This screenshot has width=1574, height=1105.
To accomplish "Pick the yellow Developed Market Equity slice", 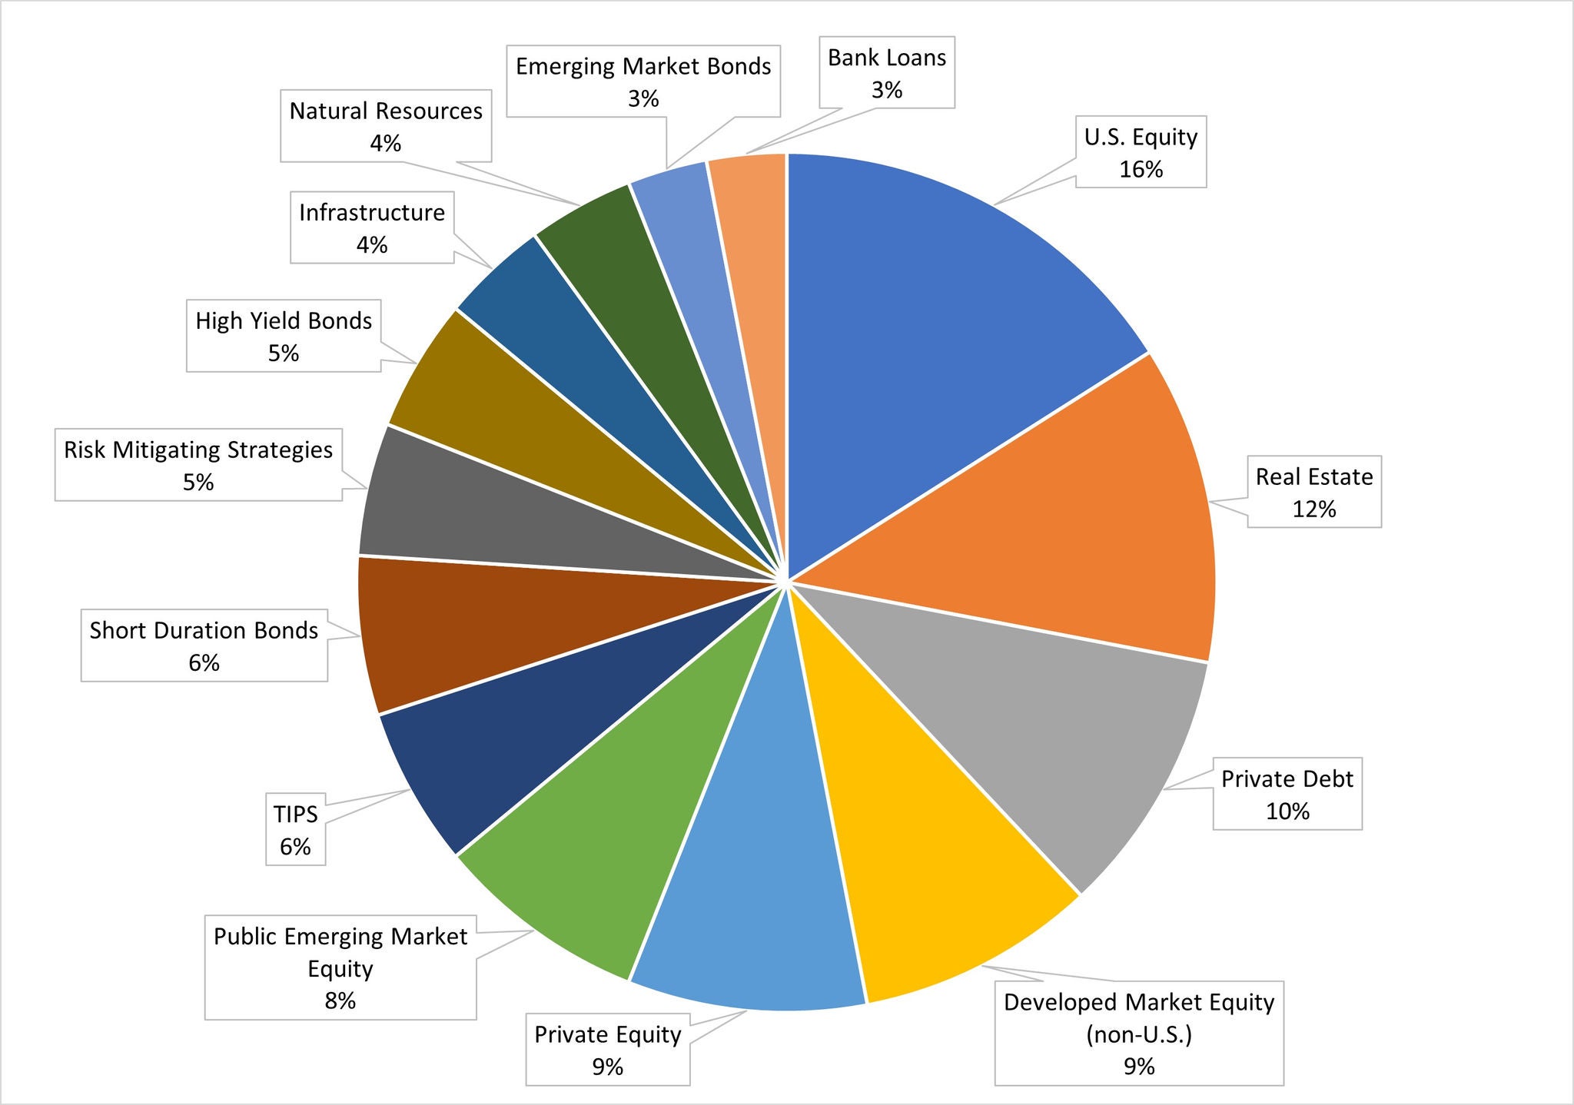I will pos(922,868).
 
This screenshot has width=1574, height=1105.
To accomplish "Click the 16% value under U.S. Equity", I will pos(1141,169).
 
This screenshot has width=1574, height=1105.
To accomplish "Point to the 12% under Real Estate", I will pos(1313,509).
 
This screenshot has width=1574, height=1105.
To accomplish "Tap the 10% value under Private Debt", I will pos(1287,811).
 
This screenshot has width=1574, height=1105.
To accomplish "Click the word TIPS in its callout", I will pos(295,814).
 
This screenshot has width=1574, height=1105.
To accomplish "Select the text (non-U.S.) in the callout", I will pos(1138,1034).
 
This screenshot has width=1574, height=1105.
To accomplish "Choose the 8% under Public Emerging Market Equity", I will pos(340,1000).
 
